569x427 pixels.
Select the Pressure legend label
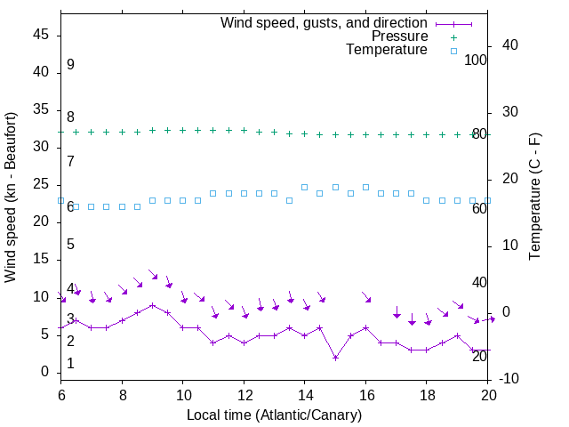(399, 36)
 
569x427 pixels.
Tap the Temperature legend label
(387, 50)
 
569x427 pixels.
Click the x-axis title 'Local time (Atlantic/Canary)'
(274, 415)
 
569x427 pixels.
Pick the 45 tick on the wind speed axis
(41, 35)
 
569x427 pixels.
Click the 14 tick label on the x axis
(304, 394)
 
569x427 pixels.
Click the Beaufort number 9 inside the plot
(70, 65)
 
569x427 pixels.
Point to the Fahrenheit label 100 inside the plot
(477, 60)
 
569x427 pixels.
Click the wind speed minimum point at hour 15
(335, 358)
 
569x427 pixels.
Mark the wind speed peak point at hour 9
(152, 305)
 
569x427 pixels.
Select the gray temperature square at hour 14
(305, 187)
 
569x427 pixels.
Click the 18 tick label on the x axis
(426, 394)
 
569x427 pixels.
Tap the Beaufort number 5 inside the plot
(70, 244)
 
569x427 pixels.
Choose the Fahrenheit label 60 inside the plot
(479, 208)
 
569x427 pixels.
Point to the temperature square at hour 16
(365, 187)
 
